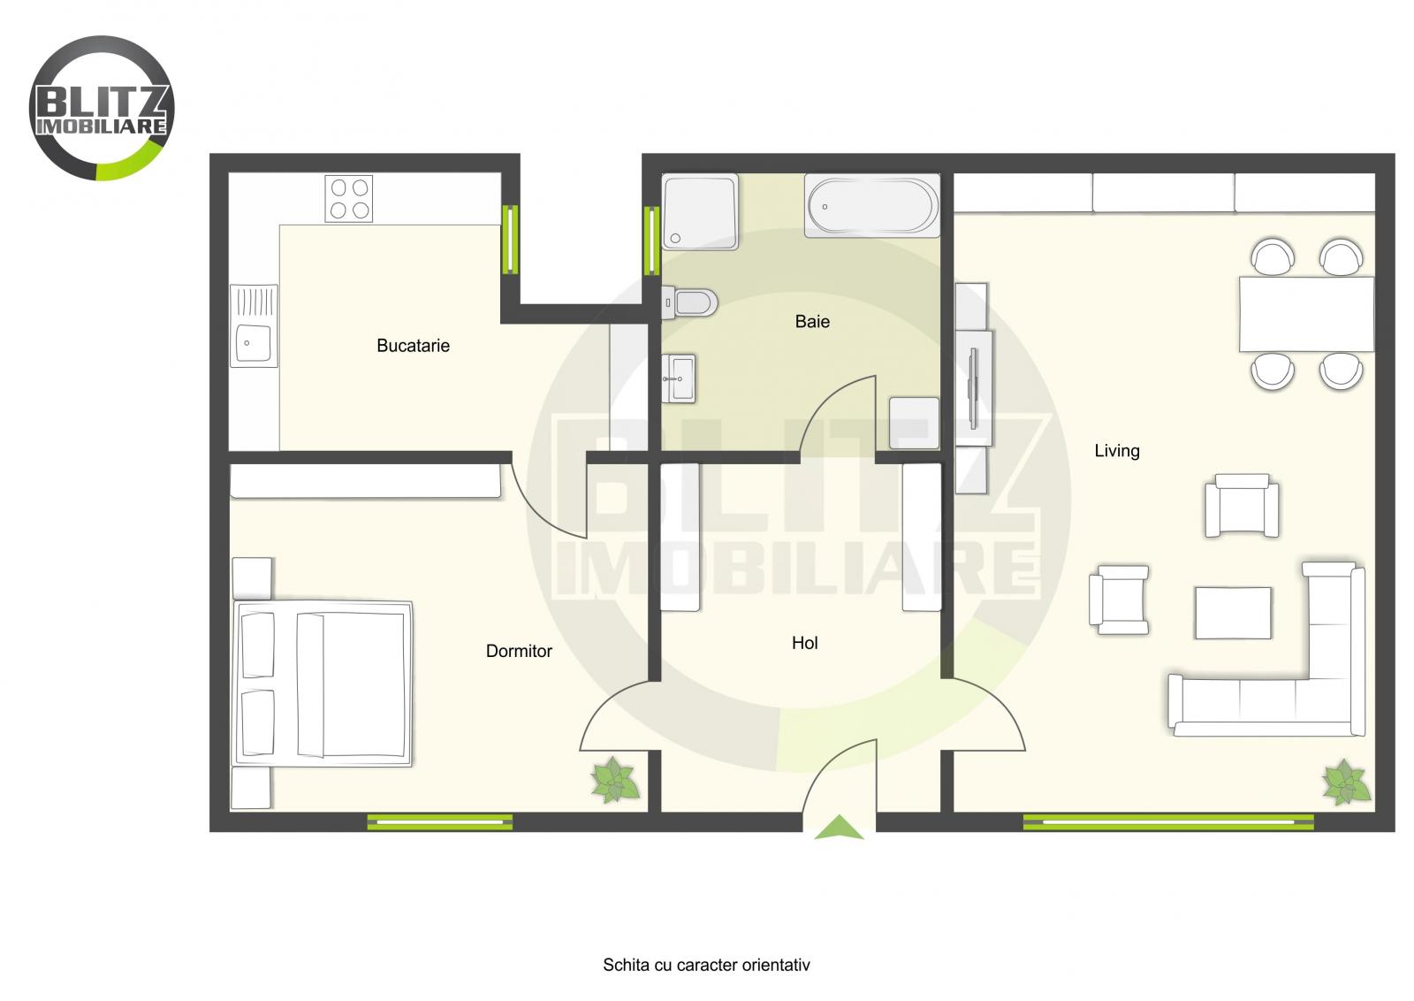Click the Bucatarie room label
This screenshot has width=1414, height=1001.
pos(413,346)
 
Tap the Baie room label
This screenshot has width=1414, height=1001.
pos(812,322)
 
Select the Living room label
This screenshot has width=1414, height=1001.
pos(1117,451)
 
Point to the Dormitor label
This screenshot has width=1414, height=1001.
pos(519,652)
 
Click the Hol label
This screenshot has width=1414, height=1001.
pos(804,644)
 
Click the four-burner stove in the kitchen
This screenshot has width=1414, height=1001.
pos(348,199)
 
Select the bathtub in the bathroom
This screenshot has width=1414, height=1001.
pos(871,205)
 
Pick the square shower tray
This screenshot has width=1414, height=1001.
pos(700,211)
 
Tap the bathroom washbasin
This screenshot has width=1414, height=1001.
pos(680,378)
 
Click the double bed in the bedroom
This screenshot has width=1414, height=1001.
pos(323,684)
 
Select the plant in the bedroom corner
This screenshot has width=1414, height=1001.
pos(615,780)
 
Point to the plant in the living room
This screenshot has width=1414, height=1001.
pos(1345,782)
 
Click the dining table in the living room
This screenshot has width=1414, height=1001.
pos(1306,314)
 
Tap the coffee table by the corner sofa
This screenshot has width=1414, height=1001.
pos(1233,613)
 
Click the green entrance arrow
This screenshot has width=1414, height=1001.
pos(838,829)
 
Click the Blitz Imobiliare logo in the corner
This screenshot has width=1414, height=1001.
pos(102,108)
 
